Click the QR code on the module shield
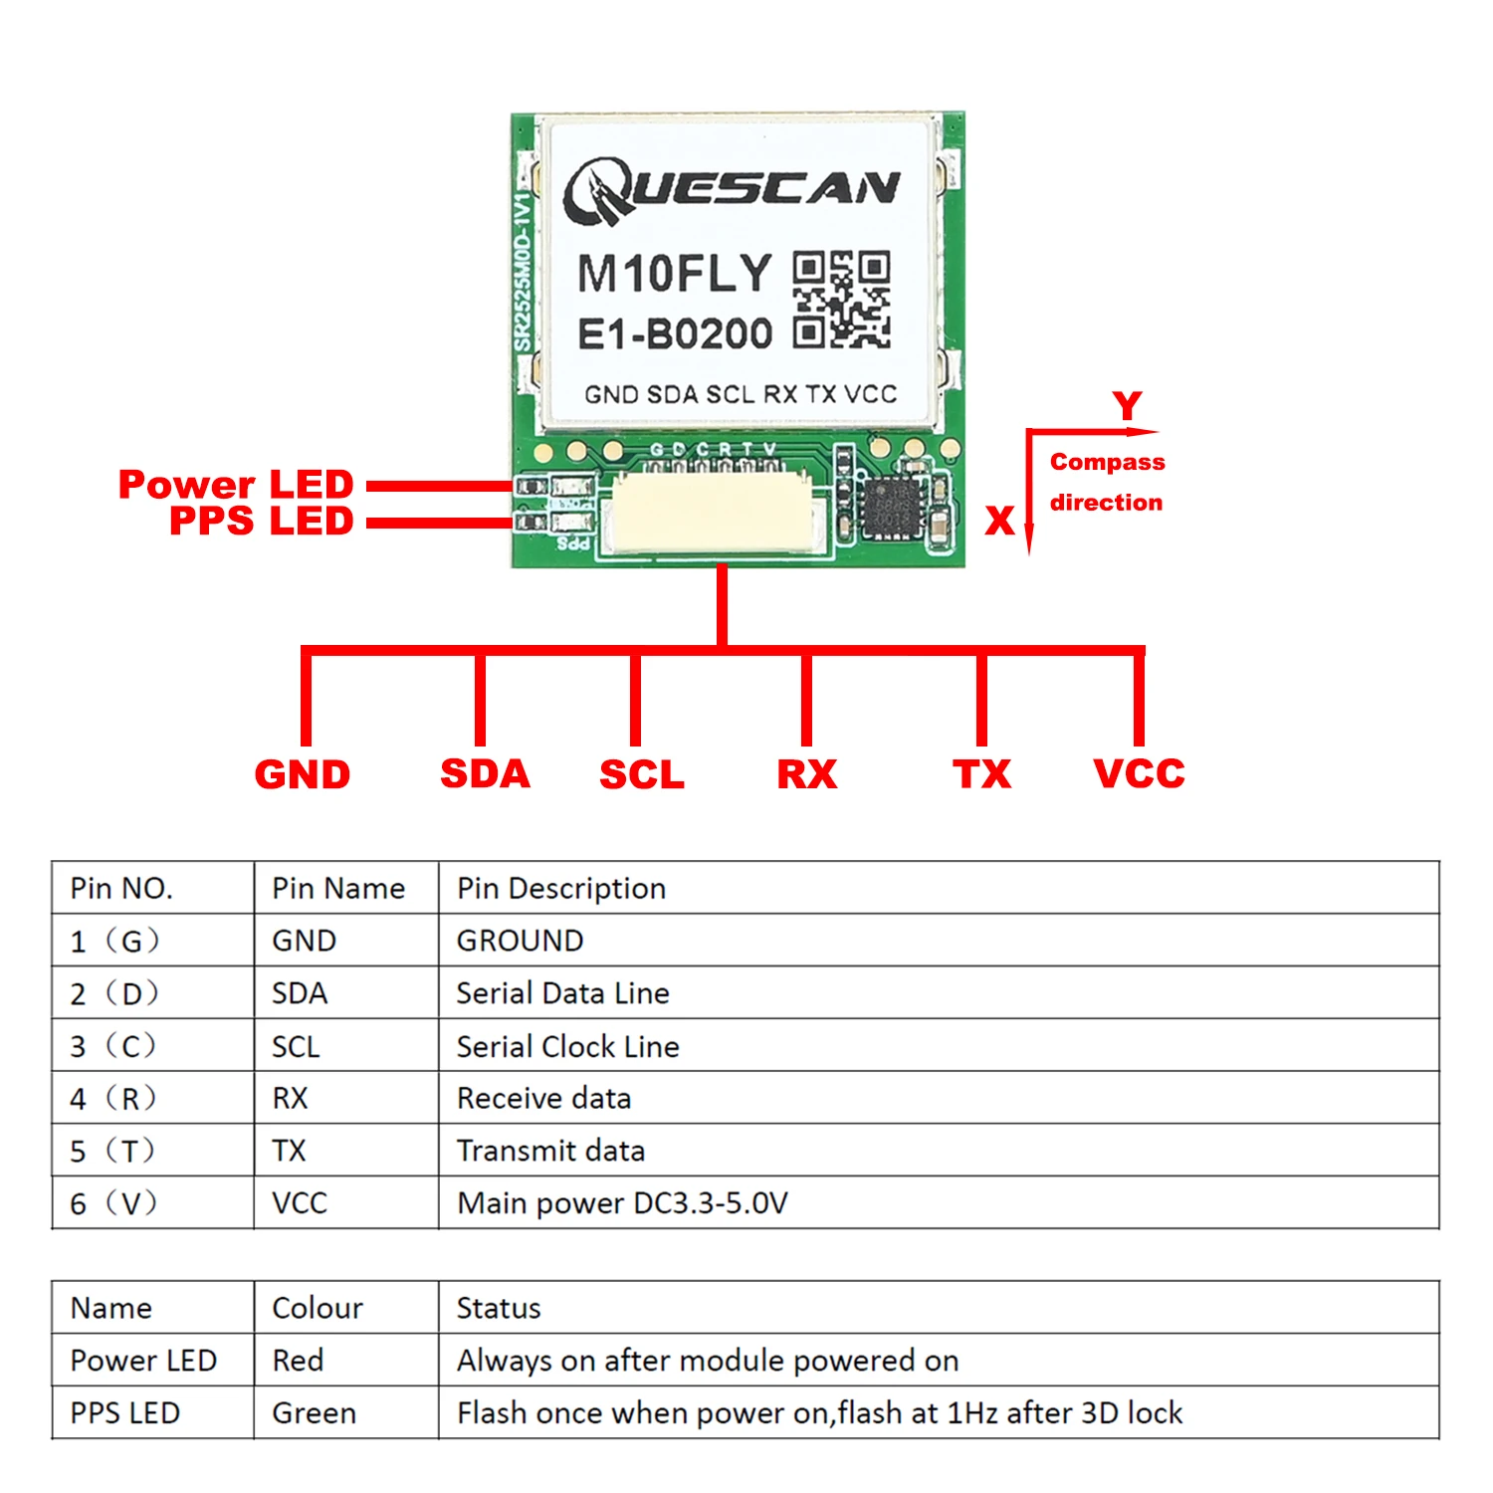[x=841, y=300]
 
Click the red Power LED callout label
[x=236, y=485]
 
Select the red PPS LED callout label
[x=261, y=521]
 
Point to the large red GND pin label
[x=303, y=774]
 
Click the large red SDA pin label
[x=485, y=774]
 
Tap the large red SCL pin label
[x=642, y=774]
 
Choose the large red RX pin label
[x=807, y=774]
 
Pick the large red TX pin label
[x=981, y=774]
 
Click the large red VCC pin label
[x=1139, y=774]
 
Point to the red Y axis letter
[x=1128, y=406]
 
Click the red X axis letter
[x=999, y=521]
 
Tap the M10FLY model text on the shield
[x=675, y=274]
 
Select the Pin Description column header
[x=561, y=888]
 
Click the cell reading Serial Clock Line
[x=567, y=1046]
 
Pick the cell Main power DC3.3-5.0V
[x=622, y=1203]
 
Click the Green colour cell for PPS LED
[x=314, y=1412]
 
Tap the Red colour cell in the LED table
[x=298, y=1360]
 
